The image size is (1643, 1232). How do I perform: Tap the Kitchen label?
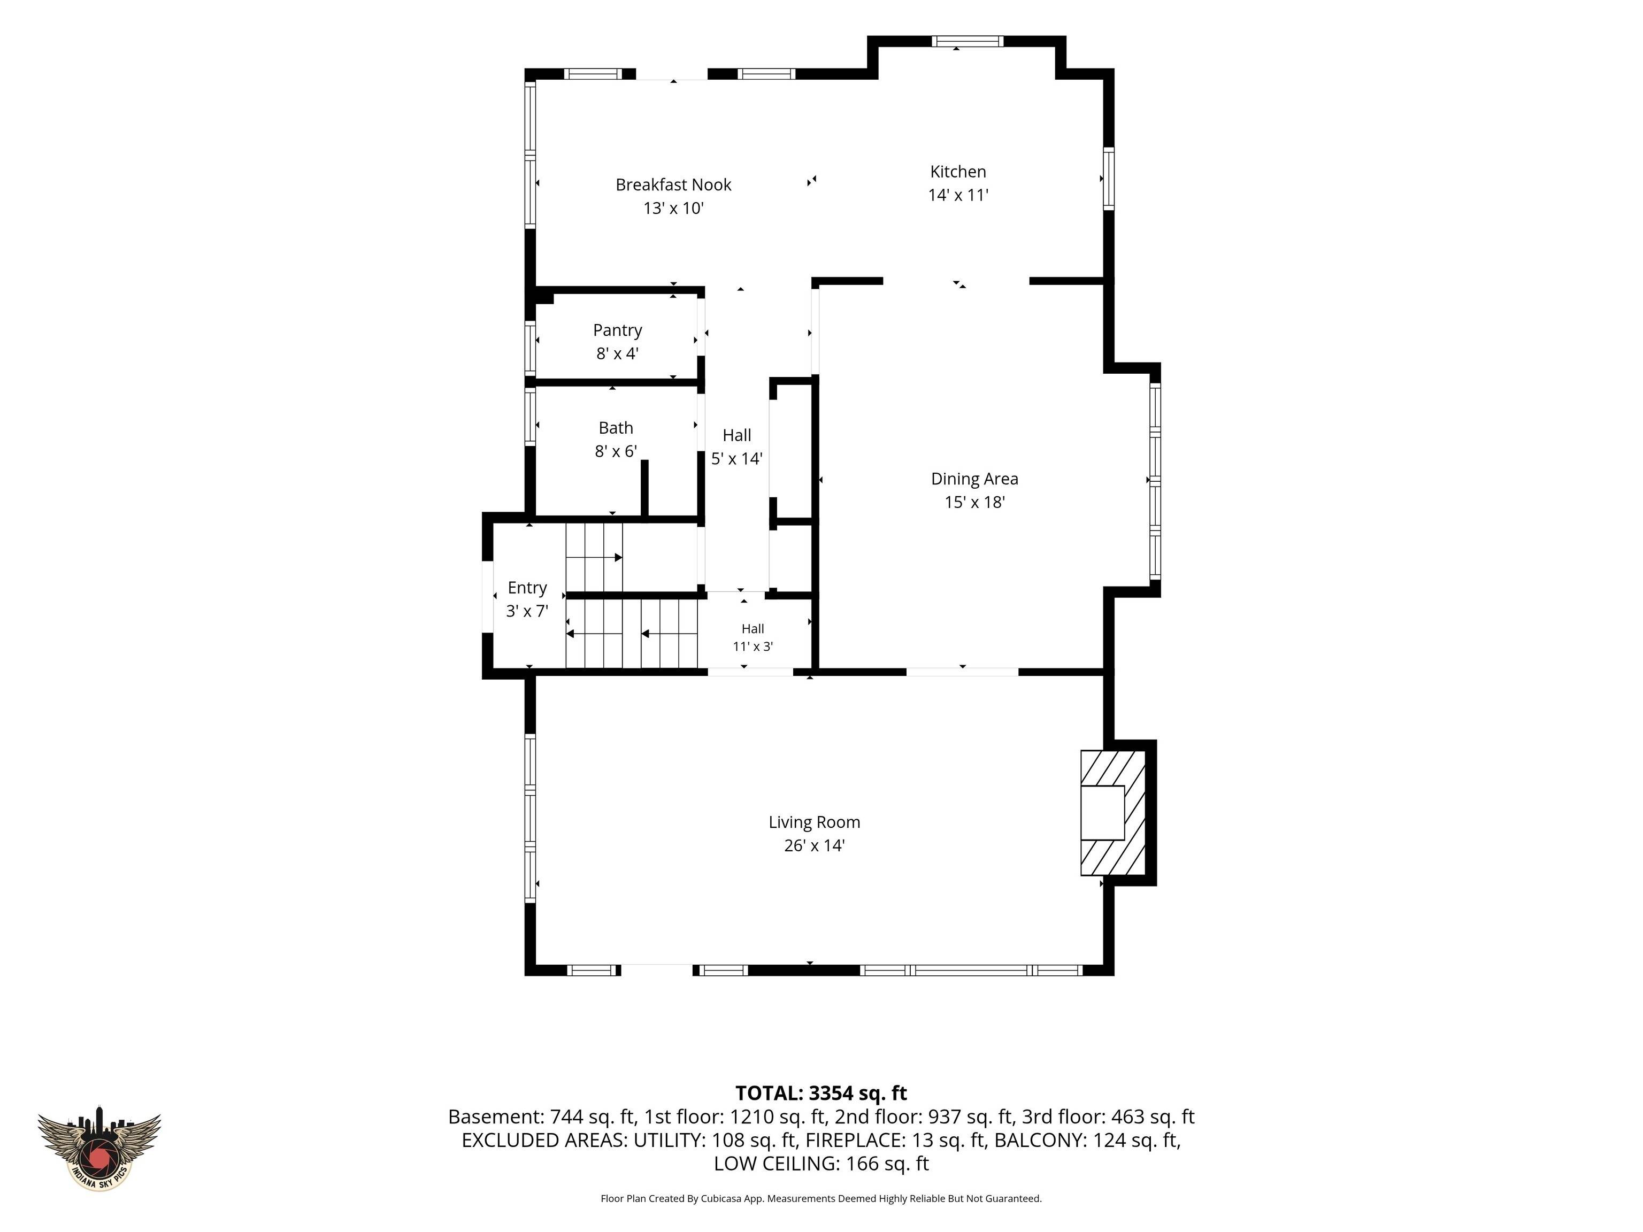[x=958, y=172]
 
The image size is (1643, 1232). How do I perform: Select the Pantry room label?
[x=617, y=330]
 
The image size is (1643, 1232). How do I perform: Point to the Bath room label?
[x=616, y=428]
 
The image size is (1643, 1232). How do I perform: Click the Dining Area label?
[x=974, y=479]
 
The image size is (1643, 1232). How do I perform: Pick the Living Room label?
[x=814, y=822]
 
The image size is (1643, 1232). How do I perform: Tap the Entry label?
[x=527, y=588]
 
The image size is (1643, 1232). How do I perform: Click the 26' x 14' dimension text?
[x=814, y=845]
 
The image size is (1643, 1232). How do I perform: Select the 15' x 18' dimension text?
[x=974, y=502]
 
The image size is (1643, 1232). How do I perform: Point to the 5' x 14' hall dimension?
[x=737, y=458]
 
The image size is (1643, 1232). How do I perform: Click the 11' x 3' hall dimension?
[x=753, y=646]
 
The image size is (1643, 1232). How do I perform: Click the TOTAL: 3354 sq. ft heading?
[x=821, y=1093]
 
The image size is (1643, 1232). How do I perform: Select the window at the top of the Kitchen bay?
[x=968, y=42]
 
